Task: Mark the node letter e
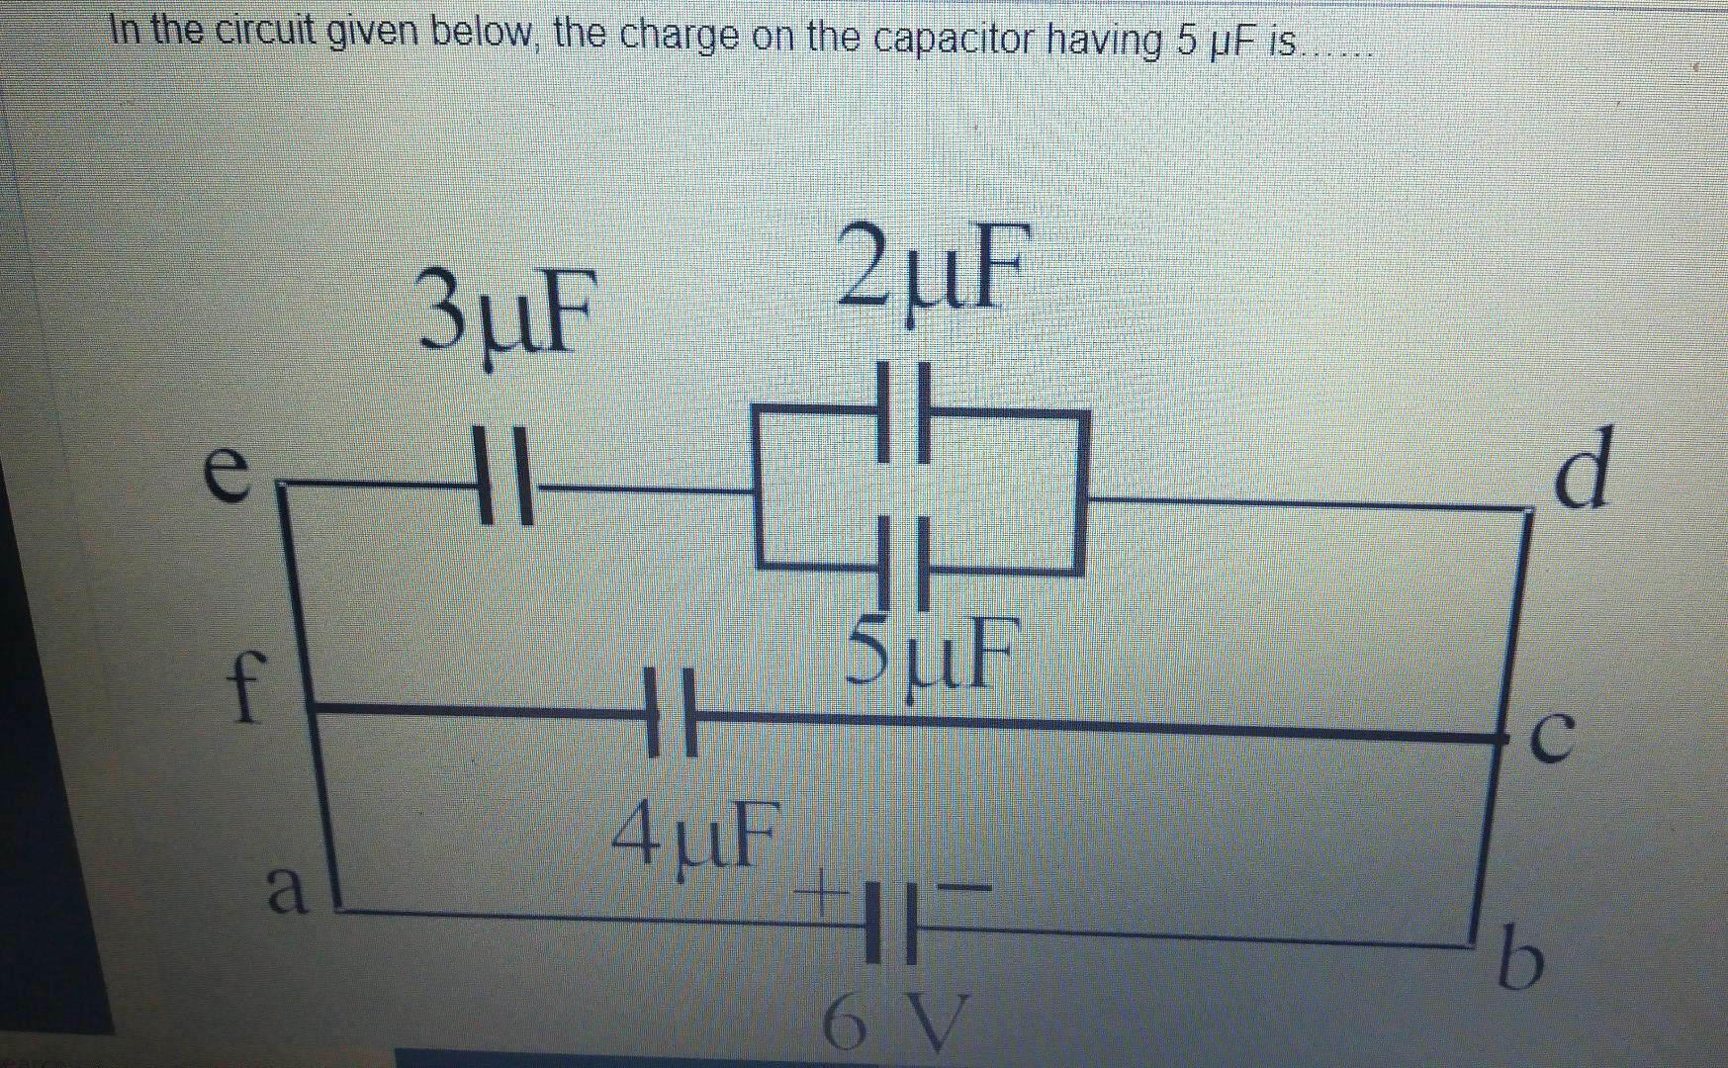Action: pyautogui.click(x=226, y=473)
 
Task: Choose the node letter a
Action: pyautogui.click(x=286, y=889)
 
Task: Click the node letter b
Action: pyautogui.click(x=1516, y=956)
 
